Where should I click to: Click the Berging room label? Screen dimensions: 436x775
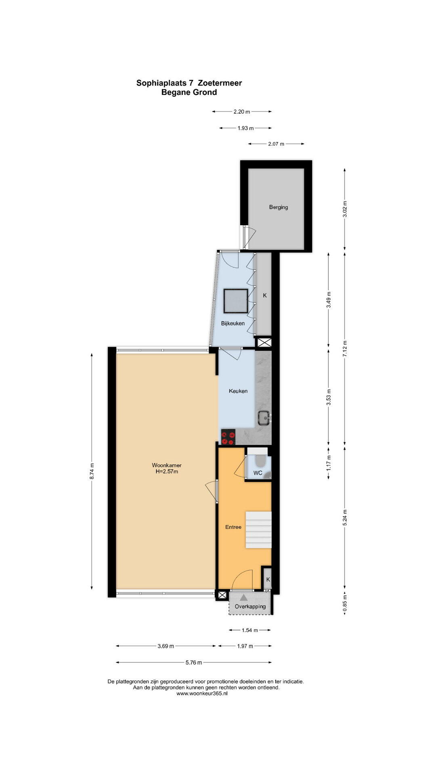tap(279, 207)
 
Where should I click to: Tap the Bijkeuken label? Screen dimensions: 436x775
tap(233, 323)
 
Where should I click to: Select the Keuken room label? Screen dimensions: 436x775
tap(238, 391)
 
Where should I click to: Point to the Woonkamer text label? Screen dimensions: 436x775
tap(167, 465)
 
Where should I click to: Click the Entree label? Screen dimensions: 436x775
tap(233, 527)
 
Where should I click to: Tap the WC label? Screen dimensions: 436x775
tap(258, 473)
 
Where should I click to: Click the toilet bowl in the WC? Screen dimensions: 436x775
tap(260, 460)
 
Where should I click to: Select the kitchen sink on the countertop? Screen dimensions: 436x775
tap(264, 418)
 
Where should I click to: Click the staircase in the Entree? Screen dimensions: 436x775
tap(258, 530)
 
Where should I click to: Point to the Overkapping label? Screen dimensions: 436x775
tap(250, 606)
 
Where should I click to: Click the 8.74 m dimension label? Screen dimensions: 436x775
tap(92, 471)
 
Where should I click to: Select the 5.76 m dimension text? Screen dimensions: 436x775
tap(194, 662)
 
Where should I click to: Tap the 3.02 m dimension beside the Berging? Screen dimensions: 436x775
tap(345, 209)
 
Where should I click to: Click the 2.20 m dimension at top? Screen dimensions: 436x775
tap(242, 112)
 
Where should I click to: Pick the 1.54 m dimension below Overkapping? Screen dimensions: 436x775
tap(250, 630)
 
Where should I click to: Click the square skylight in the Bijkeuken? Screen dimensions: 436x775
tap(235, 301)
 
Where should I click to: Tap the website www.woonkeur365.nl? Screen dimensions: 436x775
tap(202, 693)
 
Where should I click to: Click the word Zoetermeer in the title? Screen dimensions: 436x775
tap(220, 83)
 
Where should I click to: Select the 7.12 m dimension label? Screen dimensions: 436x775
tap(345, 349)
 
